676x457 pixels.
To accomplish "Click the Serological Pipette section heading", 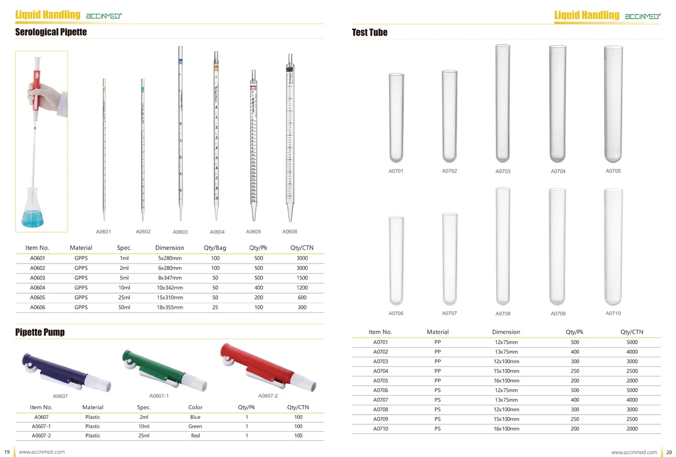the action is coord(51,32).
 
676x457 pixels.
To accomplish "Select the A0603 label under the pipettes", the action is coord(180,232).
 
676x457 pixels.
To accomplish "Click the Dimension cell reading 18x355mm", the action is coord(170,307).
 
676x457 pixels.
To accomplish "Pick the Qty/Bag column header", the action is coord(215,248).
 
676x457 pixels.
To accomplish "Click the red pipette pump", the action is coord(268,367).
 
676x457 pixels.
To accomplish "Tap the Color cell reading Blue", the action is coord(195,417).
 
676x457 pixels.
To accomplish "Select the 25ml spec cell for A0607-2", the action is coord(144,436).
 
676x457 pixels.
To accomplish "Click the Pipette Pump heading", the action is coord(40,332).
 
